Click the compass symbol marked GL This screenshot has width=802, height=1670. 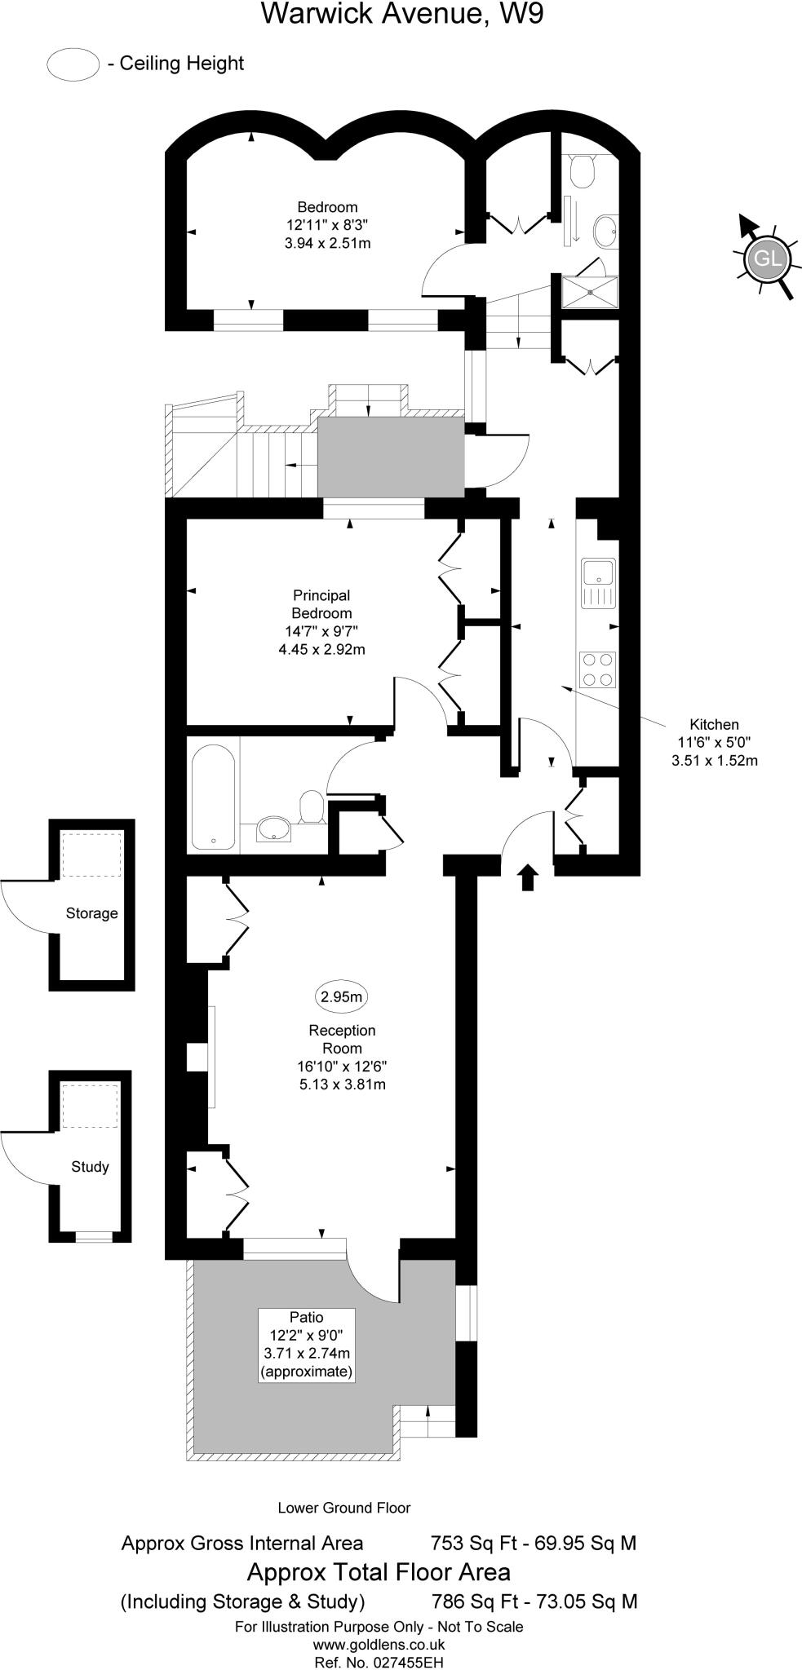click(x=768, y=258)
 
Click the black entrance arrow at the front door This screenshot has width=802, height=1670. click(x=528, y=877)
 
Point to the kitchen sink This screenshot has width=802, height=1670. click(x=598, y=583)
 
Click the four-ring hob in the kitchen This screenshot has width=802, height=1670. click(x=597, y=669)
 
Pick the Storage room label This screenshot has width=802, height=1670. click(x=91, y=913)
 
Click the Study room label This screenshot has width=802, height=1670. click(x=90, y=1167)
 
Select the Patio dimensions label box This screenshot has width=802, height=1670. click(x=307, y=1345)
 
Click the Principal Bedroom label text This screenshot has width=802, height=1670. click(x=321, y=604)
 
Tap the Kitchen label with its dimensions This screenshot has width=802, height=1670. click(x=714, y=742)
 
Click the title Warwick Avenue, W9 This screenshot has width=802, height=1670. click(x=401, y=14)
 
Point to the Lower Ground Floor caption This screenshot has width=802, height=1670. click(x=343, y=1508)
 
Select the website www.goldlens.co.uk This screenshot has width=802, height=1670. click(x=379, y=1645)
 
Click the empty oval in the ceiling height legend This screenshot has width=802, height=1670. click(x=73, y=64)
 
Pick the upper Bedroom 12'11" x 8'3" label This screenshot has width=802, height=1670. click(x=327, y=224)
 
